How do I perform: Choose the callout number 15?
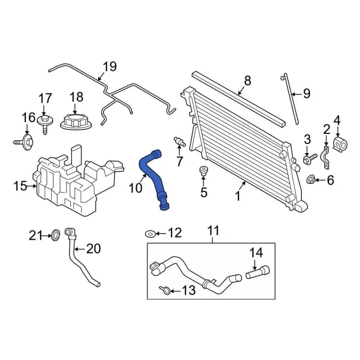coord(20,185)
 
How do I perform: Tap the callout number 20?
coord(93,248)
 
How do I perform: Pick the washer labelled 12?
coord(150,233)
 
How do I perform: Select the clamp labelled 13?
coord(164,290)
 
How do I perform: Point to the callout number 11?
coord(213,230)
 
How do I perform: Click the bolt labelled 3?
coord(307,159)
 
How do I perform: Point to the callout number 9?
coord(306,94)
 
